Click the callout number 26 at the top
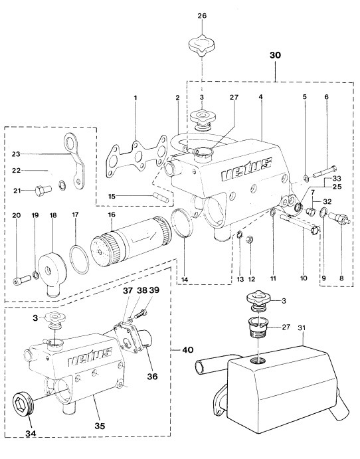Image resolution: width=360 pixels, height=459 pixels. point(202,15)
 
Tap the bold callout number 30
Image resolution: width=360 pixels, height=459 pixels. point(275,55)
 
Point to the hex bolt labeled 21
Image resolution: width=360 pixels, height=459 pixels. point(43,191)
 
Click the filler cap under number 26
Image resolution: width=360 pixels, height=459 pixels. point(202,45)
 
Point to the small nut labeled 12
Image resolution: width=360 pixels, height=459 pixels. point(250,238)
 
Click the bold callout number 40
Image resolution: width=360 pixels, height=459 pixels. point(188,349)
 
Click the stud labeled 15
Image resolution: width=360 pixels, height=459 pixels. point(160,197)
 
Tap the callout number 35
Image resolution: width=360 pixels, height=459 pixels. point(100,426)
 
